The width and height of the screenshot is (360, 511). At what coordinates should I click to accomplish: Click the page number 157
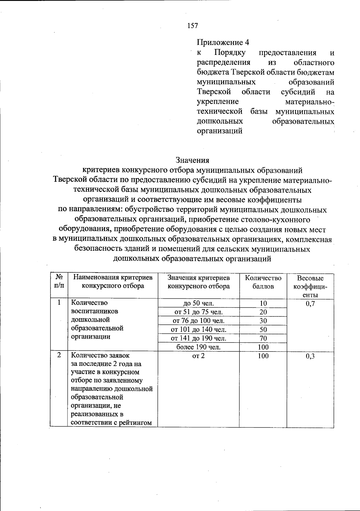point(192,26)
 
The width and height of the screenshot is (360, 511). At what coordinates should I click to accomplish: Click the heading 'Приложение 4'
point(223,43)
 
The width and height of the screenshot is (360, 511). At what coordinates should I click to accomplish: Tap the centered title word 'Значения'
point(192,160)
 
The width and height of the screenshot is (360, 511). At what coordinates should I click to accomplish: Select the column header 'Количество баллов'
point(263,282)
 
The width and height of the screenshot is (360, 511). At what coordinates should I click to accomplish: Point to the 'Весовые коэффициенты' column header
point(310,286)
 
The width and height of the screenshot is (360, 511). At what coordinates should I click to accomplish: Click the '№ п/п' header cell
point(59,282)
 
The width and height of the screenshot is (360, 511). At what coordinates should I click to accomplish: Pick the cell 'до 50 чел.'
point(199,303)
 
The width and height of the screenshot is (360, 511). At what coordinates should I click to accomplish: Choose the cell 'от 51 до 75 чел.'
point(199,312)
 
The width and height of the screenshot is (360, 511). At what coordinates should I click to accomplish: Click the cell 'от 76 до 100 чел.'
point(199,321)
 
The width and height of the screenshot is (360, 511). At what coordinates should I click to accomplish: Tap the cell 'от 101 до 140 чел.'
point(199,330)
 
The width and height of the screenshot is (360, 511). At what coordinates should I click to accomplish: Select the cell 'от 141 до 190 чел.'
point(199,338)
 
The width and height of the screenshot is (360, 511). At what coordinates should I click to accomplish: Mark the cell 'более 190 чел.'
point(199,347)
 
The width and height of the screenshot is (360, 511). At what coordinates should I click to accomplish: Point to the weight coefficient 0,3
point(310,356)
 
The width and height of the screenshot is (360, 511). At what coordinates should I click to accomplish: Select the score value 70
point(263,338)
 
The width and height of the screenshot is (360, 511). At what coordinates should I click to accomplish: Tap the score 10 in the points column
point(263,303)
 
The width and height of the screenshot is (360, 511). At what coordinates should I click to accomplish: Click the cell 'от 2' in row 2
point(199,356)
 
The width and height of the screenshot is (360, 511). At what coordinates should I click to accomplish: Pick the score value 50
point(263,330)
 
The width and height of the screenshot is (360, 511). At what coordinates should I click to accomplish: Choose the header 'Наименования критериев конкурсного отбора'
point(113,282)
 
